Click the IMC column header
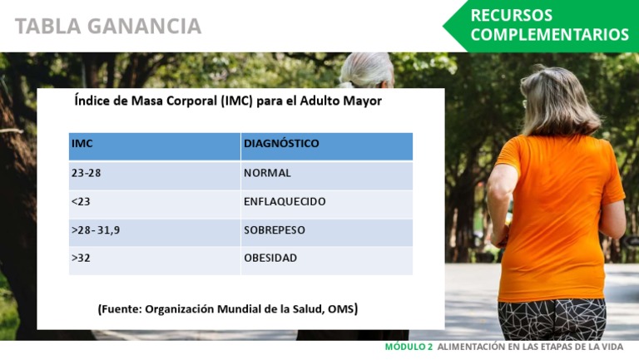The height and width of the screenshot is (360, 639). pyautogui.click(x=82, y=144)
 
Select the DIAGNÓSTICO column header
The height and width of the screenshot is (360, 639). pyautogui.click(x=281, y=144)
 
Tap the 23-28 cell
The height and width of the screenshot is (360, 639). pyautogui.click(x=87, y=173)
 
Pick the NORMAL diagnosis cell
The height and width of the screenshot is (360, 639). pyautogui.click(x=267, y=173)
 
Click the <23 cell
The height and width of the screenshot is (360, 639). pyautogui.click(x=81, y=201)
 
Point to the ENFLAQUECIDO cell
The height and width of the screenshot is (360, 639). pyautogui.click(x=285, y=201)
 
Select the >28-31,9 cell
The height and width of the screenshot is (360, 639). pyautogui.click(x=96, y=229)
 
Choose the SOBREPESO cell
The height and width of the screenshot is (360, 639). pyautogui.click(x=275, y=229)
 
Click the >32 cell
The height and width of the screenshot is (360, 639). pyautogui.click(x=81, y=258)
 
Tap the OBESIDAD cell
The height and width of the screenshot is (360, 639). pyautogui.click(x=270, y=258)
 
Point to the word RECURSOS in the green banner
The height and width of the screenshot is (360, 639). pyautogui.click(x=511, y=16)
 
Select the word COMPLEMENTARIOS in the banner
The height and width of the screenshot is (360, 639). pyautogui.click(x=549, y=35)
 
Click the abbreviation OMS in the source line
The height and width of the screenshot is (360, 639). pyautogui.click(x=341, y=308)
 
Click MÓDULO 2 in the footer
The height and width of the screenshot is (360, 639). pyautogui.click(x=409, y=348)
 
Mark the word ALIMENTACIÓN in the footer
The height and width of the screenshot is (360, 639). pyautogui.click(x=473, y=348)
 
